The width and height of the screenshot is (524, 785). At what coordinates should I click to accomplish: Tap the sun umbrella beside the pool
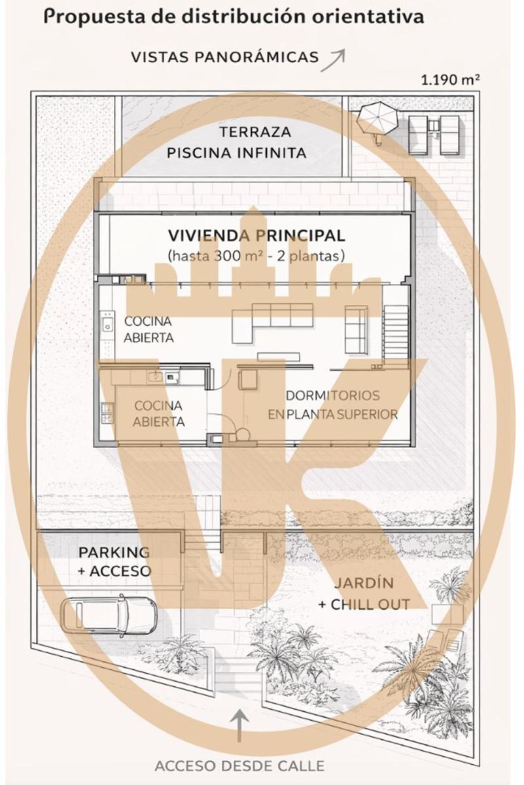377,118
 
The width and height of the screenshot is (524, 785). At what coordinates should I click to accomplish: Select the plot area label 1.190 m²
450,80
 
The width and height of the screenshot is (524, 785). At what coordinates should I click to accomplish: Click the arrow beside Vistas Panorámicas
333,60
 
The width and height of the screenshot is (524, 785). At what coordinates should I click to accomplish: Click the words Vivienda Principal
256,235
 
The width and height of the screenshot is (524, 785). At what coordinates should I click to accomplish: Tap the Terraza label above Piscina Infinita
255,132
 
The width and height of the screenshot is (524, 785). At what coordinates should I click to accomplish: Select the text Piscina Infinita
237,153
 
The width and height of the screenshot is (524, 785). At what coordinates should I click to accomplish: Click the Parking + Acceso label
114,561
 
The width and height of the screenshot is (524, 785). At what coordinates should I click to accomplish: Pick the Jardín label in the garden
364,582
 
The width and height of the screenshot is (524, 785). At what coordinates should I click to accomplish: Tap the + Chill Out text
364,604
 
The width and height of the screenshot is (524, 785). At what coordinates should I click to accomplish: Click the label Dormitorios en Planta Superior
333,405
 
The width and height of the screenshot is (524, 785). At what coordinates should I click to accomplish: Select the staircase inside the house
396,332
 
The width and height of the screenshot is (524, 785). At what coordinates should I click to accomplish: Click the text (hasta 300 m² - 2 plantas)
256,256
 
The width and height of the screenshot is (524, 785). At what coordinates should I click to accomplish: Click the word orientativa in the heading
368,17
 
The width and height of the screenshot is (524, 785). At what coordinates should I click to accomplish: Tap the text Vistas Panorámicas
224,57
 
